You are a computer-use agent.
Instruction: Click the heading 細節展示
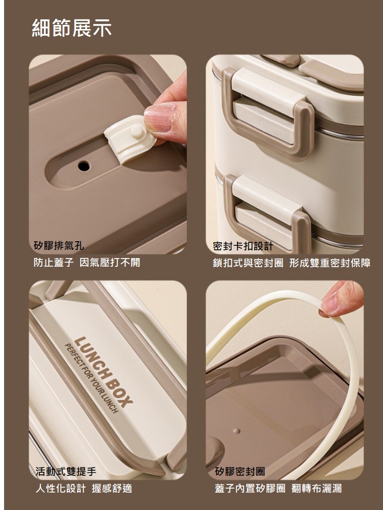(x=71, y=28)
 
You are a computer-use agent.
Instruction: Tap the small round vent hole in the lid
(x=84, y=166)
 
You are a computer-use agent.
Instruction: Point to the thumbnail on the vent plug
(x=159, y=118)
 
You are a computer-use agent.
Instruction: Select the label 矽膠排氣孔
(x=59, y=245)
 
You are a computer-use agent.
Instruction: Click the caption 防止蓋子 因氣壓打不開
(x=87, y=262)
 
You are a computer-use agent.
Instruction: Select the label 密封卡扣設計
(x=243, y=246)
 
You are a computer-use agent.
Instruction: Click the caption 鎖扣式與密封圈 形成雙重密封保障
(x=292, y=263)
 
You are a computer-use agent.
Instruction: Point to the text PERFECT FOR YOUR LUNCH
(x=91, y=378)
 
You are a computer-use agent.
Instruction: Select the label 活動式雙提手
(x=66, y=471)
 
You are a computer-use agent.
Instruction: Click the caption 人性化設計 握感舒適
(x=84, y=488)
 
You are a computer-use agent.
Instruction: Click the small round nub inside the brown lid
(x=237, y=431)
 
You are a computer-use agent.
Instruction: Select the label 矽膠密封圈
(x=240, y=471)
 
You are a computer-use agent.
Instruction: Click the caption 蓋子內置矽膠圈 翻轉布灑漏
(x=278, y=488)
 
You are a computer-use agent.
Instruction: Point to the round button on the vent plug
(x=137, y=131)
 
